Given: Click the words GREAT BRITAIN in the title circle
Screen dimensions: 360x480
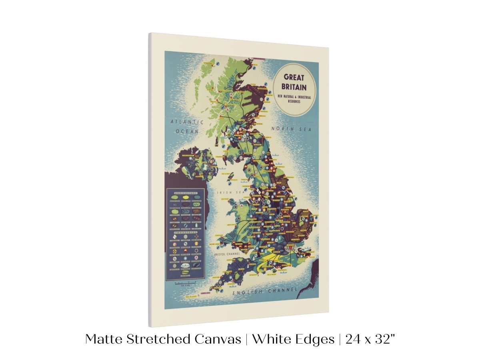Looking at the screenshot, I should click(295, 82).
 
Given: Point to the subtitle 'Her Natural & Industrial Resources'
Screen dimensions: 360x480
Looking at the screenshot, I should click(294, 98).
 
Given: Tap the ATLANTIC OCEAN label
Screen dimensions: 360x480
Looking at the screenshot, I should click(187, 126).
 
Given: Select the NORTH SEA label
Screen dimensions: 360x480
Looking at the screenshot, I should click(291, 129).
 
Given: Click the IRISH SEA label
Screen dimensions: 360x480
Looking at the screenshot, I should click(225, 192).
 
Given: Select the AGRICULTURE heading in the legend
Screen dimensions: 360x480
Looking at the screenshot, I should click(185, 192).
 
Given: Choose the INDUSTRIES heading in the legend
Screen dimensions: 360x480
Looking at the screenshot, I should click(185, 231).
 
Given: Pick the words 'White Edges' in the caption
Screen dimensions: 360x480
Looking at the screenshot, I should click(293, 340).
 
